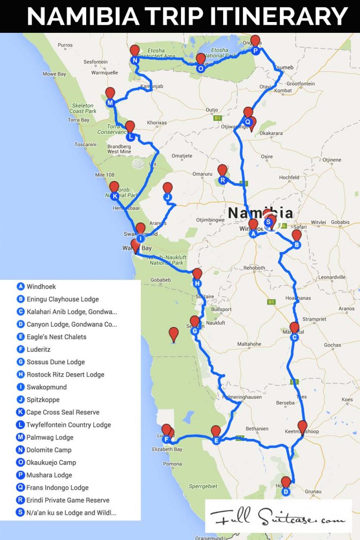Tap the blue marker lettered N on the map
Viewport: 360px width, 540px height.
[135, 60]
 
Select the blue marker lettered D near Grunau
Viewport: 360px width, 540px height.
[285, 492]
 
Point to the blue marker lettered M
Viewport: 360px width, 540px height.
[110, 103]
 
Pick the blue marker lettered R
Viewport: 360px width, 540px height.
[223, 180]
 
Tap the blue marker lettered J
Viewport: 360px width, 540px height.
[167, 197]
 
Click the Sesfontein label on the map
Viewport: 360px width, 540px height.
[96, 62]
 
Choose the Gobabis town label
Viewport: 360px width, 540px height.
[340, 222]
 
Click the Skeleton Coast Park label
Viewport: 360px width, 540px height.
[83, 108]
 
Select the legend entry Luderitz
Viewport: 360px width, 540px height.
[38, 349]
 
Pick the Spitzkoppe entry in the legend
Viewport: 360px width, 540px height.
[43, 400]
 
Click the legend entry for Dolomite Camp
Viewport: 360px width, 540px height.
[49, 450]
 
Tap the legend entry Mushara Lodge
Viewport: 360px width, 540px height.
[49, 475]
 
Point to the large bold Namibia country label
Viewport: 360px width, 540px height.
[260, 213]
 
